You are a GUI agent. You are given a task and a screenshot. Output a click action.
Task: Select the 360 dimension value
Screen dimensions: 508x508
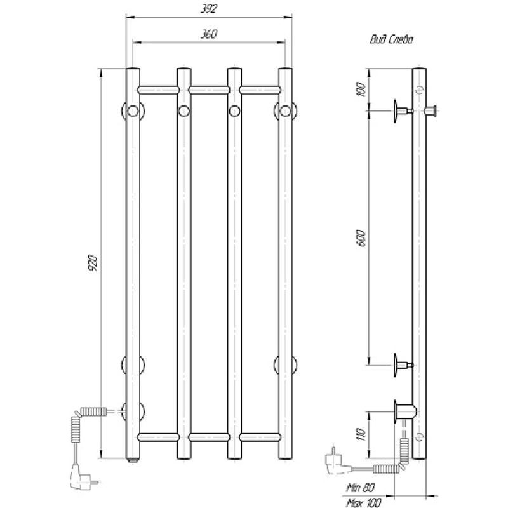pos(208,35)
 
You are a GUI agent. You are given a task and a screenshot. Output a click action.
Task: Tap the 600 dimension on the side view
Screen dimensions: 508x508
pos(361,238)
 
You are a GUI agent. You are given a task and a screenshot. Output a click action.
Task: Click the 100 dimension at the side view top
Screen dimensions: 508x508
pos(361,90)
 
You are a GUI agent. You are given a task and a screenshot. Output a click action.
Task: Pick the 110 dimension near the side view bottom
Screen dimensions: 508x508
pos(361,434)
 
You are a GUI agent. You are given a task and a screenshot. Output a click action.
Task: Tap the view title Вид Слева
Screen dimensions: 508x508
pos(391,39)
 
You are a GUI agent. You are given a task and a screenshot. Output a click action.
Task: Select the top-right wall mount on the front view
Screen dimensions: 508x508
pos(285,112)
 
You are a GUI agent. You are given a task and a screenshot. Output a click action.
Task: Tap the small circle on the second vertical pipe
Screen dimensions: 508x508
pos(184,112)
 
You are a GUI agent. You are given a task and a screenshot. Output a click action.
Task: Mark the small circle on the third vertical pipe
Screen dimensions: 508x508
pos(234,112)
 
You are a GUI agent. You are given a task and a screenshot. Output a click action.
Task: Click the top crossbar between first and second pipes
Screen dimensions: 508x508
pos(157,90)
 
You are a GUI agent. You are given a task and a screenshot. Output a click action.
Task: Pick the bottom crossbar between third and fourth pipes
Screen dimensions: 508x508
pos(260,437)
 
